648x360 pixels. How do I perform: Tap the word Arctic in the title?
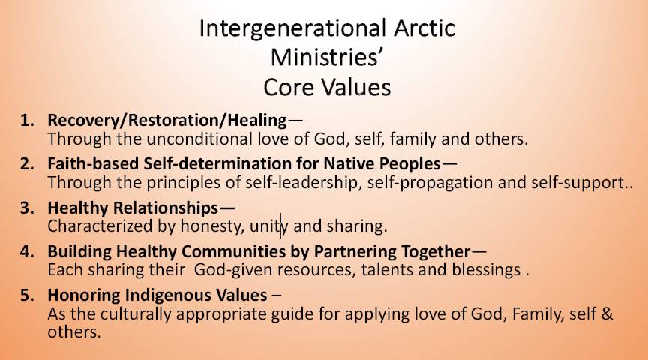pos(424,28)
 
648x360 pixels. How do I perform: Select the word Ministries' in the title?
pos(325,57)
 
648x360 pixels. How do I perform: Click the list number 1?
pos(27,120)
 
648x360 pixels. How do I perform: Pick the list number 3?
pos(27,208)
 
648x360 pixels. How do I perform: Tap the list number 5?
pos(27,295)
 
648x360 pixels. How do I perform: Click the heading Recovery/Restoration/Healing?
pos(167,121)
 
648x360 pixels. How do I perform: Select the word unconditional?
pos(199,139)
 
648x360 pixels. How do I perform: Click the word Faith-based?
pos(93,163)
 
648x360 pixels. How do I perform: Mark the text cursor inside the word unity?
pos(281,226)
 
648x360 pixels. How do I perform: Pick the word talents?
pos(387,269)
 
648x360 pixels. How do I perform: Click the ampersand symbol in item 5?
pos(607,313)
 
